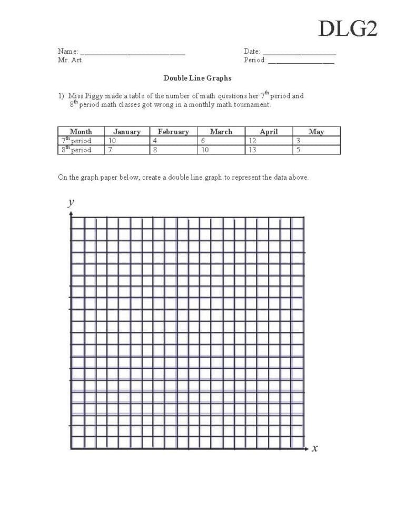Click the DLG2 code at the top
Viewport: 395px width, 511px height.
pyautogui.click(x=348, y=28)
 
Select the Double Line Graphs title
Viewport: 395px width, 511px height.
pyautogui.click(x=197, y=78)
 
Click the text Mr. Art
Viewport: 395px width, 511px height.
pyautogui.click(x=70, y=60)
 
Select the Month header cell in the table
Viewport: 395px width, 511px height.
pyautogui.click(x=81, y=132)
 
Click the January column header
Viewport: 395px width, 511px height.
pyautogui.click(x=127, y=132)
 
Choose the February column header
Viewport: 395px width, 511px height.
pyautogui.click(x=173, y=132)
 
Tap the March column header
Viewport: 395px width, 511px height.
pyautogui.click(x=221, y=132)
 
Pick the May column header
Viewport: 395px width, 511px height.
pyautogui.click(x=316, y=132)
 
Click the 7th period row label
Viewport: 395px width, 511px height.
pyautogui.click(x=76, y=141)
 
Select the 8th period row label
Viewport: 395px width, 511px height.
pyautogui.click(x=76, y=150)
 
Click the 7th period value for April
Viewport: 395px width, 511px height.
pyautogui.click(x=252, y=141)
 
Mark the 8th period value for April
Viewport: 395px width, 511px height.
pyautogui.click(x=252, y=150)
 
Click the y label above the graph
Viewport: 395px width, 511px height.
pyautogui.click(x=71, y=202)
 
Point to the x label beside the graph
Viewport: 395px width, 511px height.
pyautogui.click(x=315, y=448)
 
